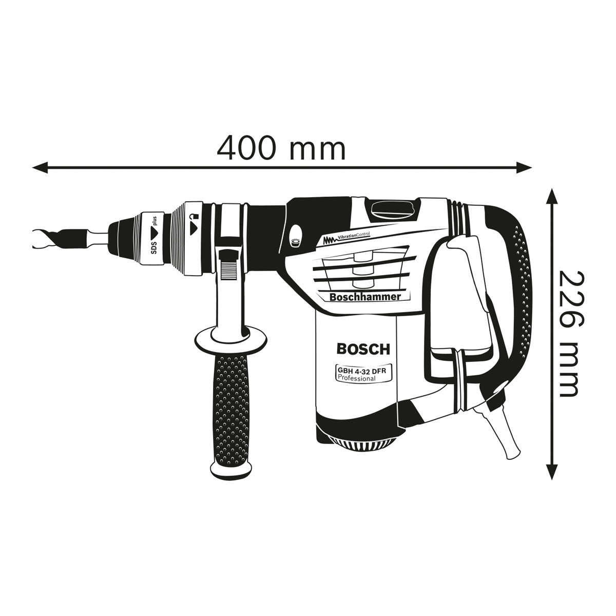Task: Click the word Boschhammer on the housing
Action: [x=362, y=296]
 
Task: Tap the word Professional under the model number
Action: [x=356, y=378]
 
